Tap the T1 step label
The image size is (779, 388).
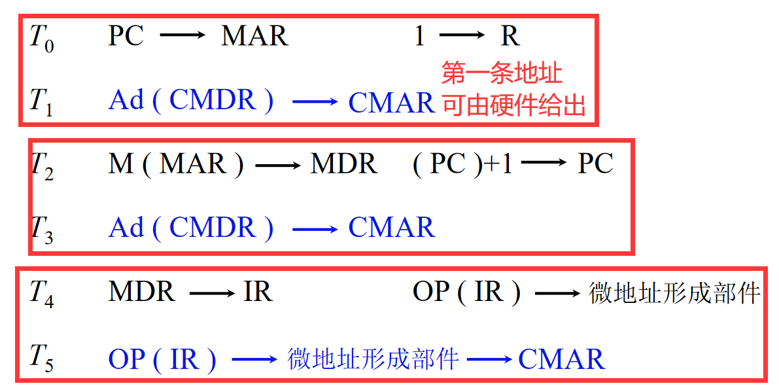coord(41,103)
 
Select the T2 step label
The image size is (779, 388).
coord(41,166)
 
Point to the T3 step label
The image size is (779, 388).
coord(41,230)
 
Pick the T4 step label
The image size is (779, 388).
coord(41,294)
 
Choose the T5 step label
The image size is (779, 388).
coord(41,359)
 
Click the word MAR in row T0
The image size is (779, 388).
coord(254,37)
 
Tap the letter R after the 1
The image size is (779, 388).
coord(510,37)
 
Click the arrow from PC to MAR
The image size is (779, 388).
coord(182,37)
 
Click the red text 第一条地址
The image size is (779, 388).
coord(502,73)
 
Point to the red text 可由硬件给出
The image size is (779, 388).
coord(513,105)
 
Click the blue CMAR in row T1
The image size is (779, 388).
coord(391,102)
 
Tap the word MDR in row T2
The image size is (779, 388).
coord(343,164)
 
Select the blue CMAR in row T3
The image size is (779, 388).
coord(391,228)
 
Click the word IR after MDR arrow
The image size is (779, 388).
coord(258,292)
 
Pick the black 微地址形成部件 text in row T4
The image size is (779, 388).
coord(674,292)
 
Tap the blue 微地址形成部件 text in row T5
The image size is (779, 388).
coord(373,359)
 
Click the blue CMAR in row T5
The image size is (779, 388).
coord(561,359)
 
